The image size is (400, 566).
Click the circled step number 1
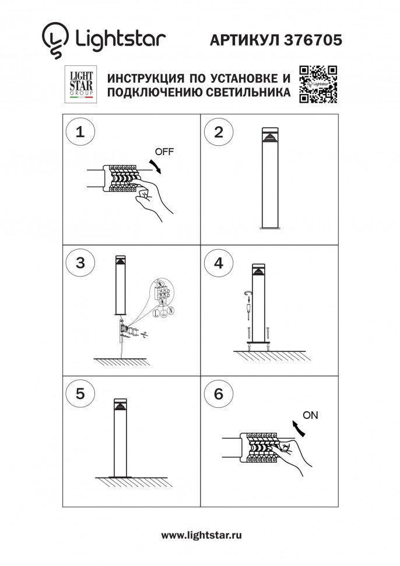(x=80, y=131)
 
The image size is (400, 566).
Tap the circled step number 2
(x=219, y=131)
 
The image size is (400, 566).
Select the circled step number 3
(x=80, y=263)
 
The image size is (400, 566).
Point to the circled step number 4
(x=219, y=263)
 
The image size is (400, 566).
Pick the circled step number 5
(x=80, y=394)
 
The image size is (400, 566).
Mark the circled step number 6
(x=219, y=394)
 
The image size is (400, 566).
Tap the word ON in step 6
(x=311, y=415)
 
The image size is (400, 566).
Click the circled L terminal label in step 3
(x=156, y=314)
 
